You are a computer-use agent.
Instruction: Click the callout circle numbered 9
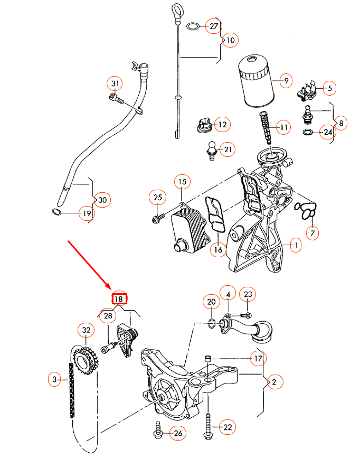pyautogui.click(x=286, y=81)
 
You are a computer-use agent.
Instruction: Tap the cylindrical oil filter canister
pyautogui.click(x=255, y=82)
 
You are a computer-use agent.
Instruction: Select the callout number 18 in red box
pyautogui.click(x=119, y=298)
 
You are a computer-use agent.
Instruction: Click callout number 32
pyautogui.click(x=86, y=330)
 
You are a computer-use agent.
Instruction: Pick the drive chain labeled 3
pyautogui.click(x=71, y=391)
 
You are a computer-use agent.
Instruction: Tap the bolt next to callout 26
pyautogui.click(x=157, y=431)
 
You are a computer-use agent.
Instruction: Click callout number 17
pyautogui.click(x=258, y=359)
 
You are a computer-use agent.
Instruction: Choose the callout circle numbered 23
pyautogui.click(x=248, y=295)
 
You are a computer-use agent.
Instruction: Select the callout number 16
pyautogui.click(x=218, y=249)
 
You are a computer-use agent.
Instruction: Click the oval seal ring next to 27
pyautogui.click(x=194, y=26)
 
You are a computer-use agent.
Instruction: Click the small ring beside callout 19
pyautogui.click(x=56, y=212)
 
